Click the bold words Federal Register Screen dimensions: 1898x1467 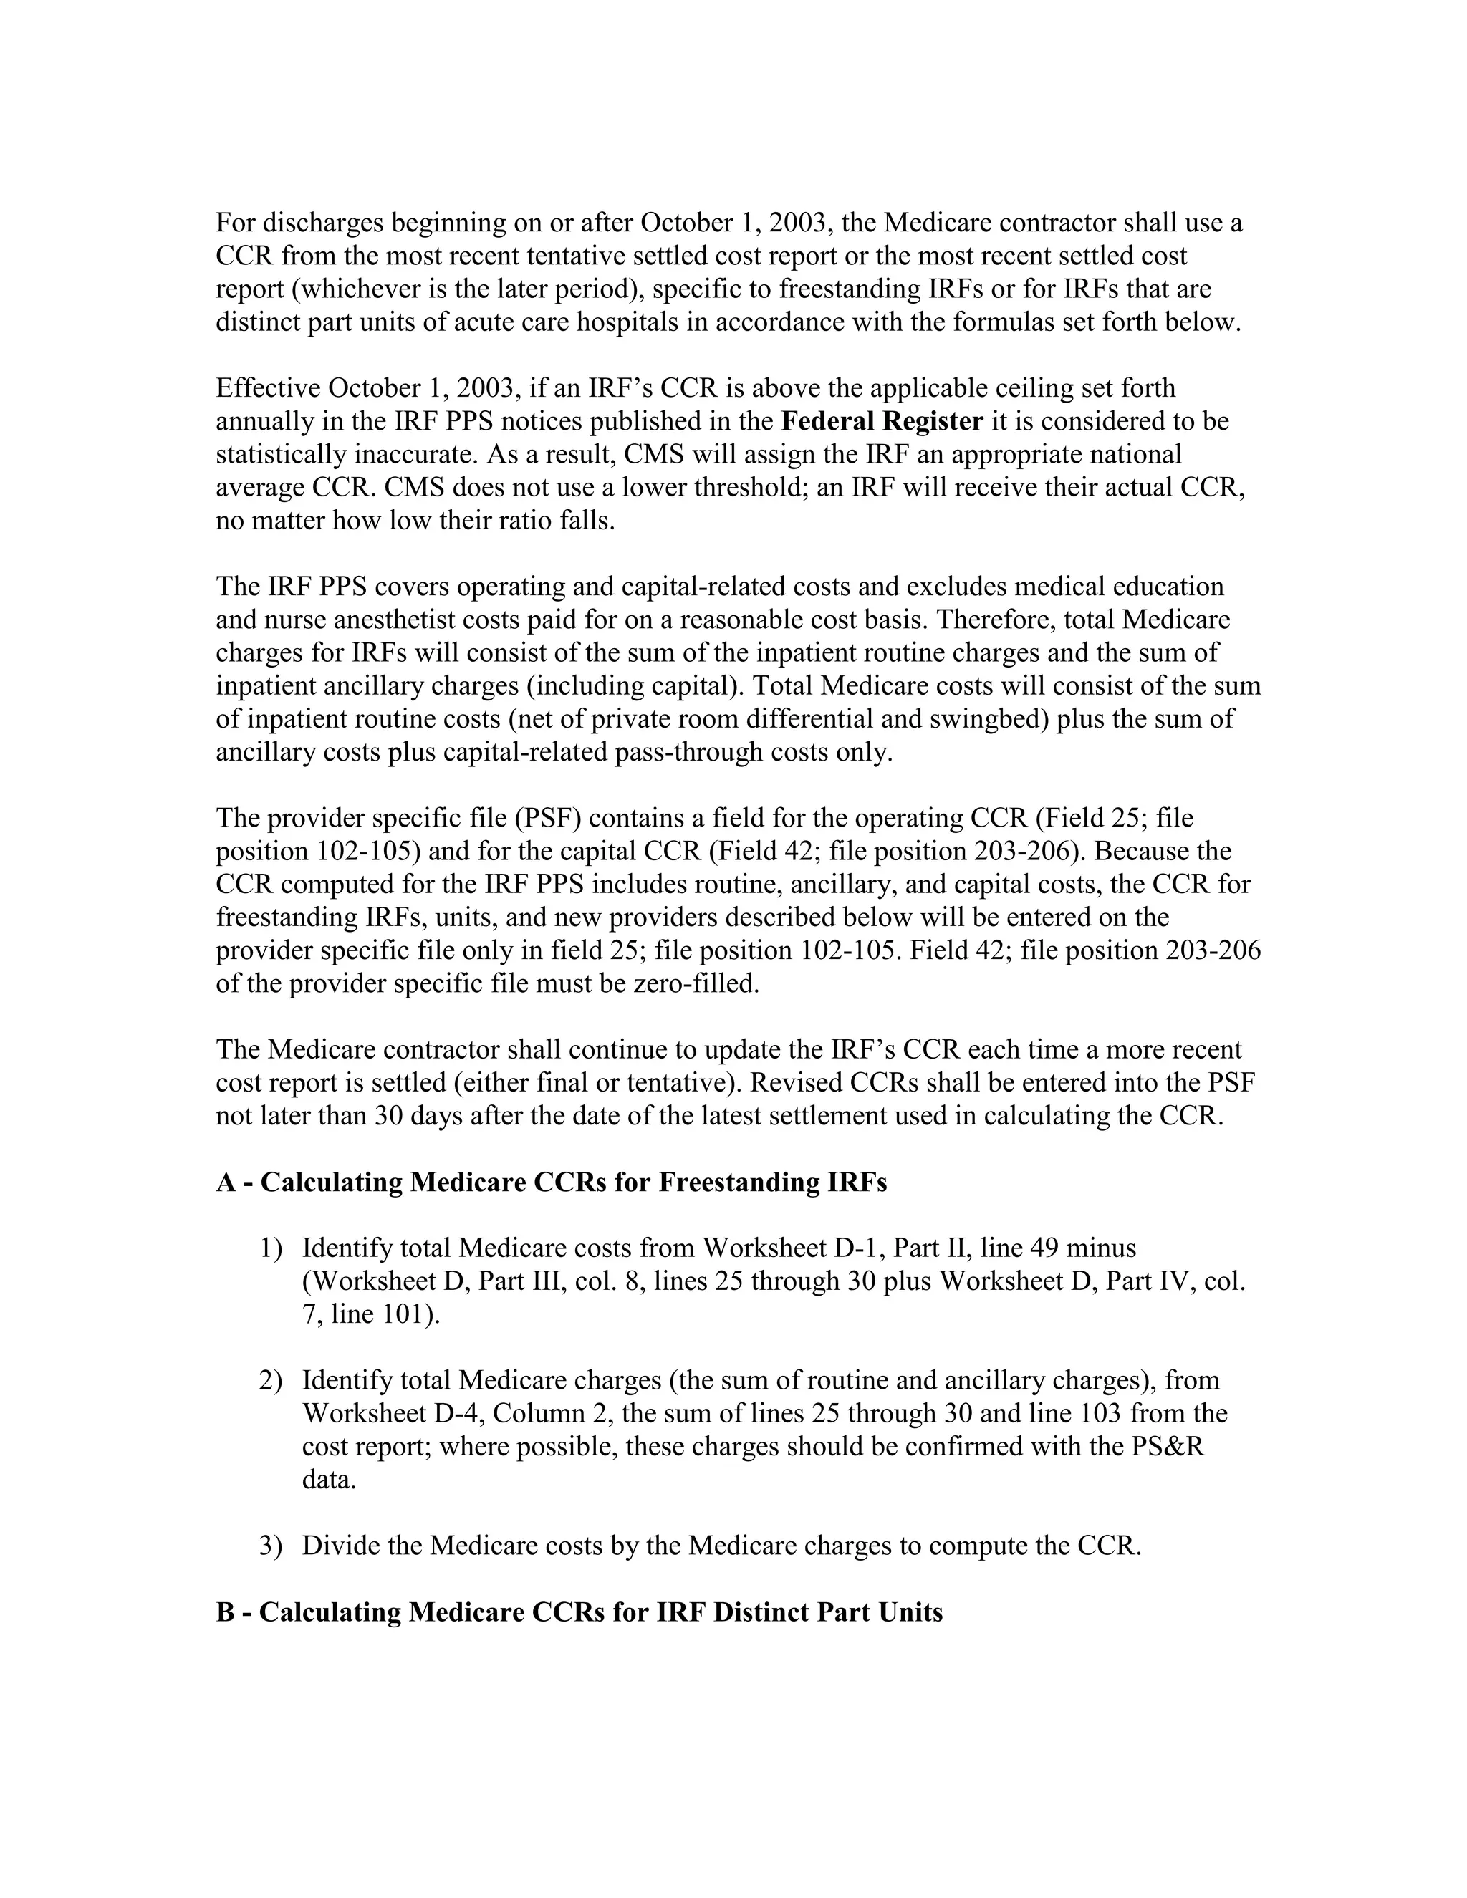[x=882, y=421]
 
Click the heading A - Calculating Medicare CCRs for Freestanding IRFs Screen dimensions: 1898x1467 [x=551, y=1182]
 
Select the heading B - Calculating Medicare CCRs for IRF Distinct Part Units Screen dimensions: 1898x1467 [x=579, y=1612]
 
